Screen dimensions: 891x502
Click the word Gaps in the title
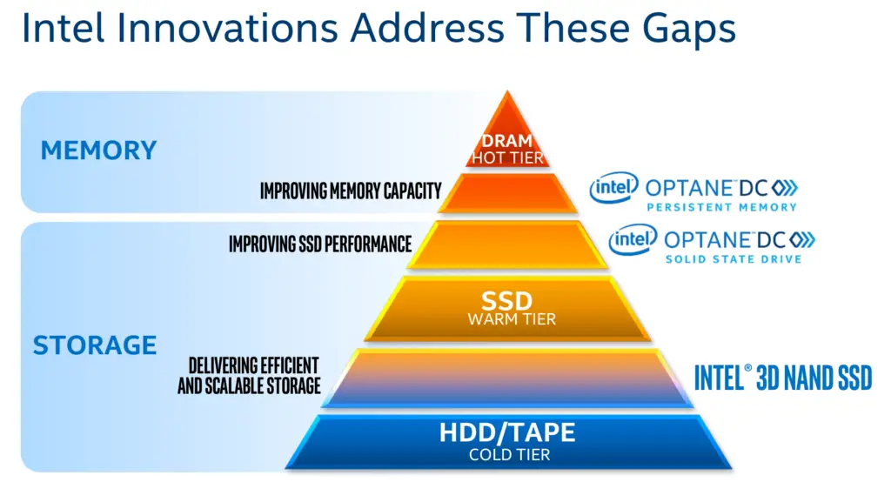tap(689, 30)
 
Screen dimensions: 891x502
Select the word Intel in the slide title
tap(63, 27)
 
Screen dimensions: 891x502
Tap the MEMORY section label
tap(98, 151)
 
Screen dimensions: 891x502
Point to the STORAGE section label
tap(94, 345)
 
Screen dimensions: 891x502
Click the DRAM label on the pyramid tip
tap(507, 140)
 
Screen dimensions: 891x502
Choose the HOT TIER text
tap(507, 157)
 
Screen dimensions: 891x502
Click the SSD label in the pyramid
tap(507, 300)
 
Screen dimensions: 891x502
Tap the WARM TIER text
tap(512, 319)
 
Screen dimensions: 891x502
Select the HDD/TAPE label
tap(507, 432)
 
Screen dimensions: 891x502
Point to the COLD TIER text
tap(509, 455)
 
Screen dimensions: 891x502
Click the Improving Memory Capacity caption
tap(351, 191)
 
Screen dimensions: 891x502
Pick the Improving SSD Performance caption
tap(320, 244)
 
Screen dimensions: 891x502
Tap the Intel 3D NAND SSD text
tap(783, 378)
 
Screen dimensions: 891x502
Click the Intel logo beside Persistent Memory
tap(614, 187)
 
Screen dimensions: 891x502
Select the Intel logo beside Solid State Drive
tap(633, 239)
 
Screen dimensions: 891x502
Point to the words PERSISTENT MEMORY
tap(721, 207)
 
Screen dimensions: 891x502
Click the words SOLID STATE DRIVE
tap(734, 259)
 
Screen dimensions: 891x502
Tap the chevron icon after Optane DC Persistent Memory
tap(785, 187)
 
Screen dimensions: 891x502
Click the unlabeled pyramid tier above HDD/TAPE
tap(507, 378)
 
